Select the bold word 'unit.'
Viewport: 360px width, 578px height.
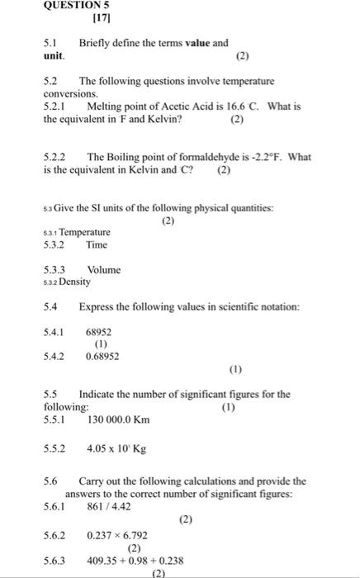click(x=54, y=56)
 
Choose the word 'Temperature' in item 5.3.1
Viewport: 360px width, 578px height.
click(x=84, y=233)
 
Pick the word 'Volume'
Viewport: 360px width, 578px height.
click(x=103, y=270)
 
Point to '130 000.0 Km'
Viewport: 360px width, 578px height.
click(x=118, y=419)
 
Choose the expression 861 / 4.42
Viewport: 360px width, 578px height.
click(x=109, y=507)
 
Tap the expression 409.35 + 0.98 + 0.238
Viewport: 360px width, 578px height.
click(x=135, y=559)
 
